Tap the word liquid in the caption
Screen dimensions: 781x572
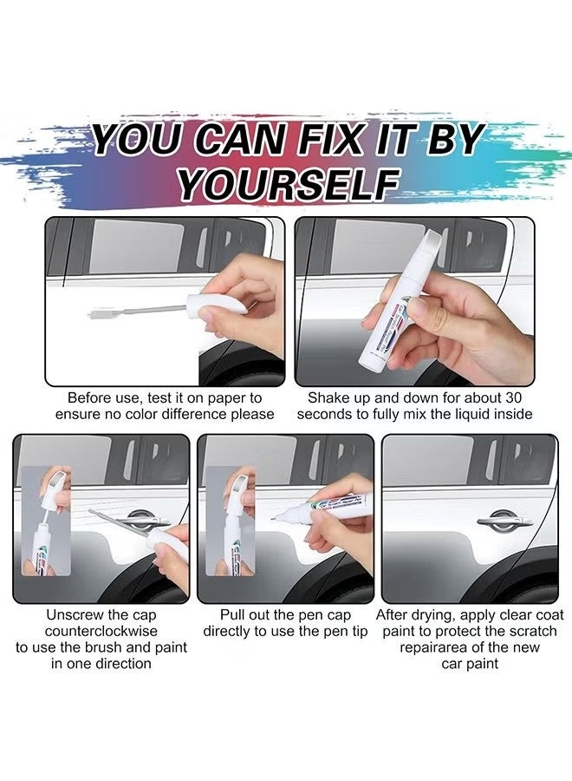point(465,415)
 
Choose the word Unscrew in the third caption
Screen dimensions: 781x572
point(74,614)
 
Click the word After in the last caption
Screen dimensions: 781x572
point(395,614)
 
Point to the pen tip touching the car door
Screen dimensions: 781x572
point(276,519)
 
